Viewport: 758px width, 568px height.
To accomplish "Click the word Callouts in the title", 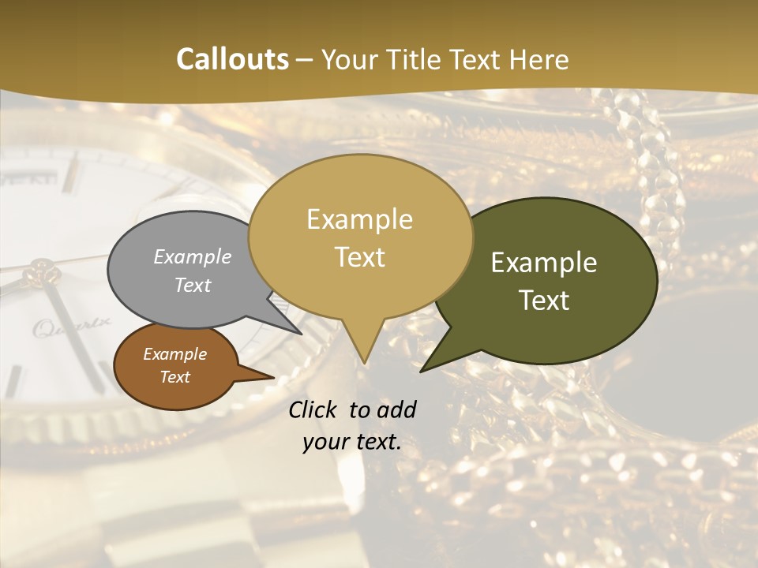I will coord(232,59).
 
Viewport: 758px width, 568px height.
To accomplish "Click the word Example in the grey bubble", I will coord(193,256).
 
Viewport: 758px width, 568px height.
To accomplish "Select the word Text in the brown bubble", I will coord(175,377).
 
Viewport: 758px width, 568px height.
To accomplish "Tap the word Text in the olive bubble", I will coord(545,301).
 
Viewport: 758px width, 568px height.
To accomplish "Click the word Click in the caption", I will coord(314,409).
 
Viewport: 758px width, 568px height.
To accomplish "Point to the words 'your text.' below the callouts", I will coord(352,443).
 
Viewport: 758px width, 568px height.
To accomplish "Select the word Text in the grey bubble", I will coord(193,285).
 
